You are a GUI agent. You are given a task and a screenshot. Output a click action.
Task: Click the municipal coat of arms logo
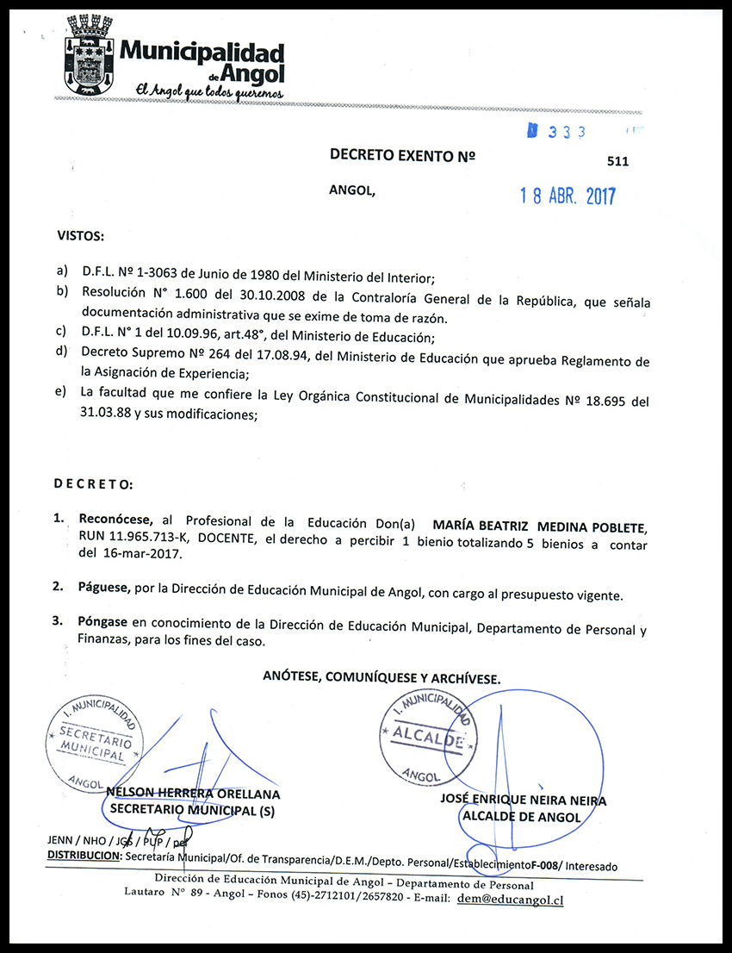click(x=89, y=55)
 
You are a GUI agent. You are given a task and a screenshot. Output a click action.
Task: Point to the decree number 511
click(x=617, y=161)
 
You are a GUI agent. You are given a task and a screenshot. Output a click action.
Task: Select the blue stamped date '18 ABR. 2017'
click(x=568, y=196)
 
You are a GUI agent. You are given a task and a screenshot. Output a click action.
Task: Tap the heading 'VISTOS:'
click(x=81, y=235)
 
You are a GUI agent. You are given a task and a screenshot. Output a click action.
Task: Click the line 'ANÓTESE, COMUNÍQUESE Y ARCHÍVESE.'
click(x=382, y=678)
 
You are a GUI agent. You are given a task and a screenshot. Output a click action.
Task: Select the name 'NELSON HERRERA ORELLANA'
click(x=194, y=794)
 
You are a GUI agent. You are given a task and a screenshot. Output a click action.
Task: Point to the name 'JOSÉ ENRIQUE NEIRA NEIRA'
click(x=523, y=800)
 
